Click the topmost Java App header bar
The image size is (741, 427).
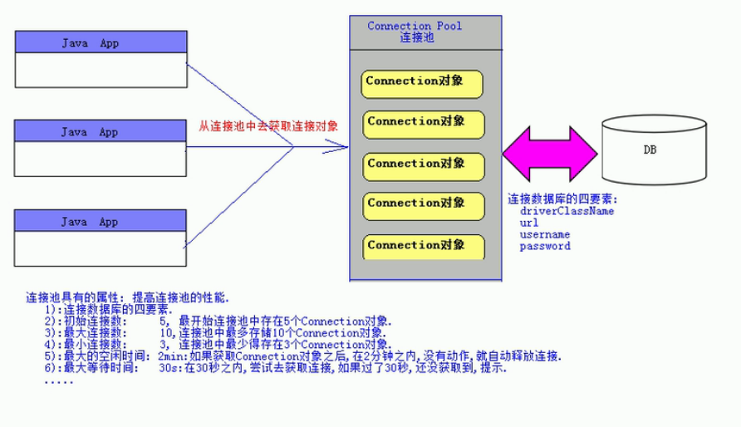tap(100, 42)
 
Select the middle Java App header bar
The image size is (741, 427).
tap(100, 132)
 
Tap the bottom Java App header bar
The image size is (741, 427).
tap(100, 222)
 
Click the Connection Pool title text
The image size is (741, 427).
tap(415, 26)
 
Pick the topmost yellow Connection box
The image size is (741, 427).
tap(422, 83)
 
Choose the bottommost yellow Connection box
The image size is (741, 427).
tap(422, 246)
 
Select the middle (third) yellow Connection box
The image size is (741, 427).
tap(422, 164)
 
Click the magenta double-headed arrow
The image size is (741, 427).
tap(549, 154)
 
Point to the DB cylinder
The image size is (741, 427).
tap(655, 150)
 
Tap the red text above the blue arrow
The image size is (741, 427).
tap(267, 126)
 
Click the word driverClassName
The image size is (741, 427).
tap(567, 211)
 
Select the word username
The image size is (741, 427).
tap(544, 234)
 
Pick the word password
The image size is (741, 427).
tap(544, 246)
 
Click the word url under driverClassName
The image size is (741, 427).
tap(529, 223)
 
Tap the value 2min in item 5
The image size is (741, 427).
tap(169, 356)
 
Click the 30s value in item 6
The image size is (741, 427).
tap(167, 368)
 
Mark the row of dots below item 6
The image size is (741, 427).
tap(58, 380)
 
